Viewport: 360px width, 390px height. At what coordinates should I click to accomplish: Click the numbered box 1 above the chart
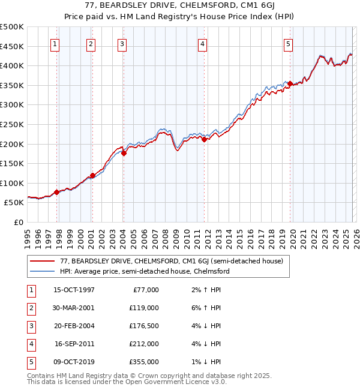[55, 43]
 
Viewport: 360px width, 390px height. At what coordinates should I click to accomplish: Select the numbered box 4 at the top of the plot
[203, 43]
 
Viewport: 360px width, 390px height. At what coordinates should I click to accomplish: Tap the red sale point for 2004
[124, 153]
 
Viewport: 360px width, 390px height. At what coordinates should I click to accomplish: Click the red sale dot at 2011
[204, 139]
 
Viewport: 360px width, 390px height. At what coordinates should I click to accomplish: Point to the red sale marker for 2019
[290, 83]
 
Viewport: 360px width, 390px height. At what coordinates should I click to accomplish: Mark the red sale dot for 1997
[56, 192]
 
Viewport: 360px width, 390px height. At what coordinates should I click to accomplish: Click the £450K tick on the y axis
[12, 46]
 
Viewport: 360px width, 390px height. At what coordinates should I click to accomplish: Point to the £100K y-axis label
[12, 183]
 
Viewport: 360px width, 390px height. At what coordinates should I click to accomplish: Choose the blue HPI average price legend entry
[145, 271]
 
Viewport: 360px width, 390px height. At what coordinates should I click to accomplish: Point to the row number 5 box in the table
[30, 362]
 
